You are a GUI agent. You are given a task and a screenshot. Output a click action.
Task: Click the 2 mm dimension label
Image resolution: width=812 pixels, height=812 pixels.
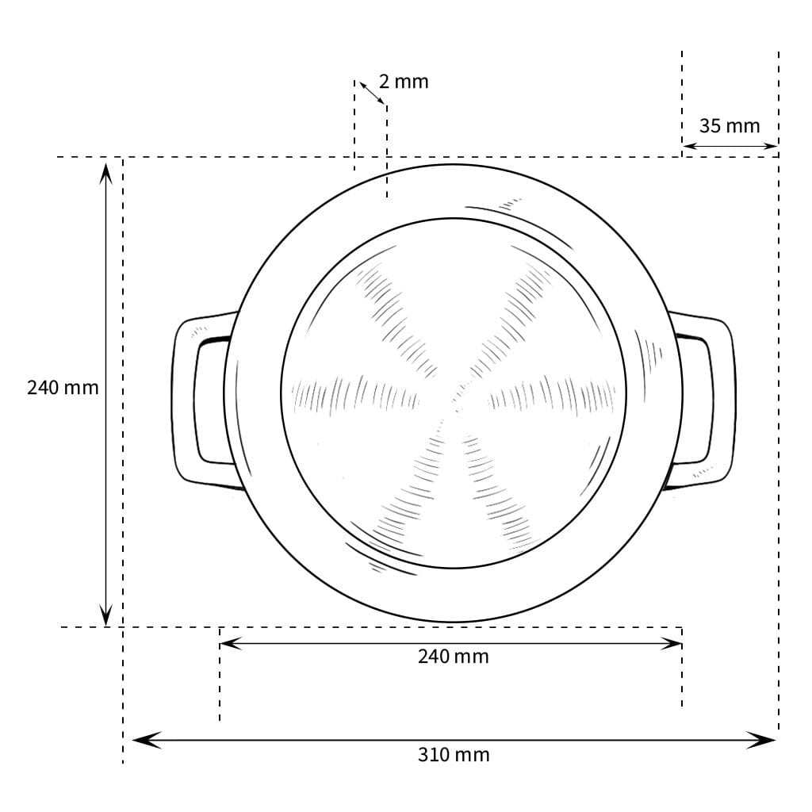(x=404, y=82)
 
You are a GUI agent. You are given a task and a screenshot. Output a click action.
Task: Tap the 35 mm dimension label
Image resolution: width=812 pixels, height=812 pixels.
(x=730, y=126)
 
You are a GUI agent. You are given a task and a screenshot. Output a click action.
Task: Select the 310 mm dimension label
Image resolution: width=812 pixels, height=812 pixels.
(x=454, y=755)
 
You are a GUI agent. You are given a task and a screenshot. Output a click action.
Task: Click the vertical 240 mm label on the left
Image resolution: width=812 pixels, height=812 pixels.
(x=63, y=387)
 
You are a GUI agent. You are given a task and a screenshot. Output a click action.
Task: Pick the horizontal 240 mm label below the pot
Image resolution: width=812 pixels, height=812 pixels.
(x=454, y=657)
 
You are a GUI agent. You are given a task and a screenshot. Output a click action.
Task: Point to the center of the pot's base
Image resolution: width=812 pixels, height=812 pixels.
(x=454, y=393)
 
